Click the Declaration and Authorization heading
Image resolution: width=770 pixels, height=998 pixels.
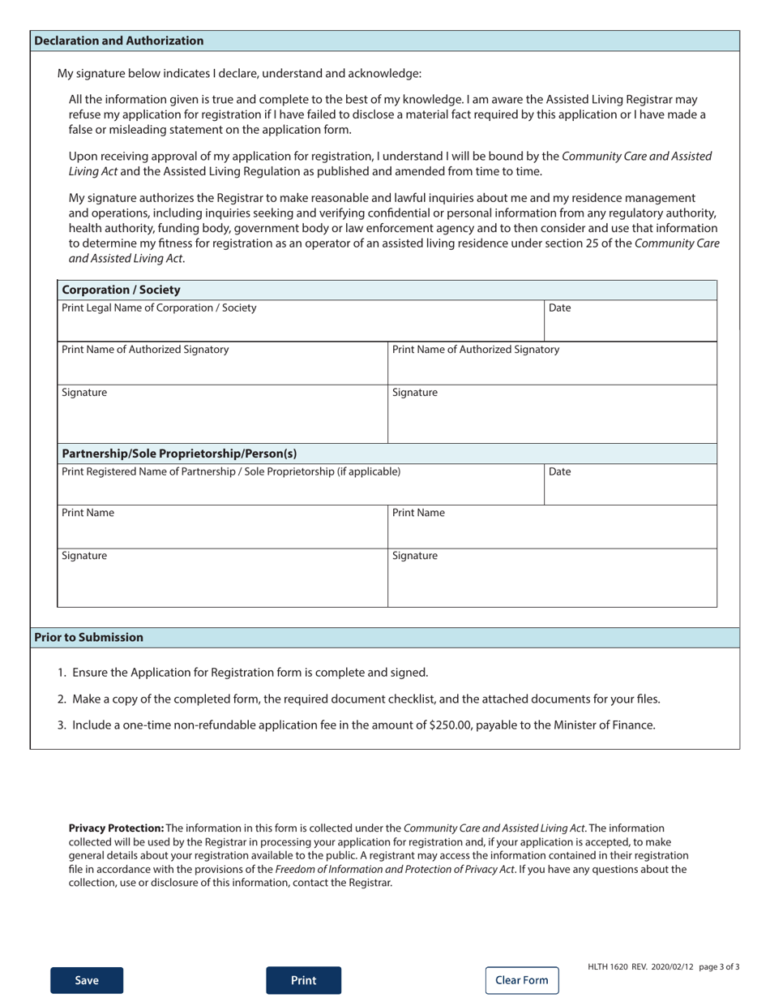tap(119, 41)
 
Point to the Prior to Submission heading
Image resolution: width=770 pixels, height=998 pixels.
tap(89, 638)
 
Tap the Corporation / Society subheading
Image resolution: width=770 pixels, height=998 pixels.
tap(121, 290)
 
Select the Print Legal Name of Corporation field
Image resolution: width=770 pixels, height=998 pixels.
tap(300, 321)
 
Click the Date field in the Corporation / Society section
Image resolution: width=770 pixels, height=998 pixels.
tap(630, 321)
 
